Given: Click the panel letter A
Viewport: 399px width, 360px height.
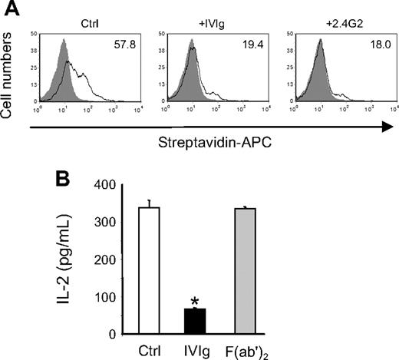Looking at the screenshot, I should click(x=10, y=8).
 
